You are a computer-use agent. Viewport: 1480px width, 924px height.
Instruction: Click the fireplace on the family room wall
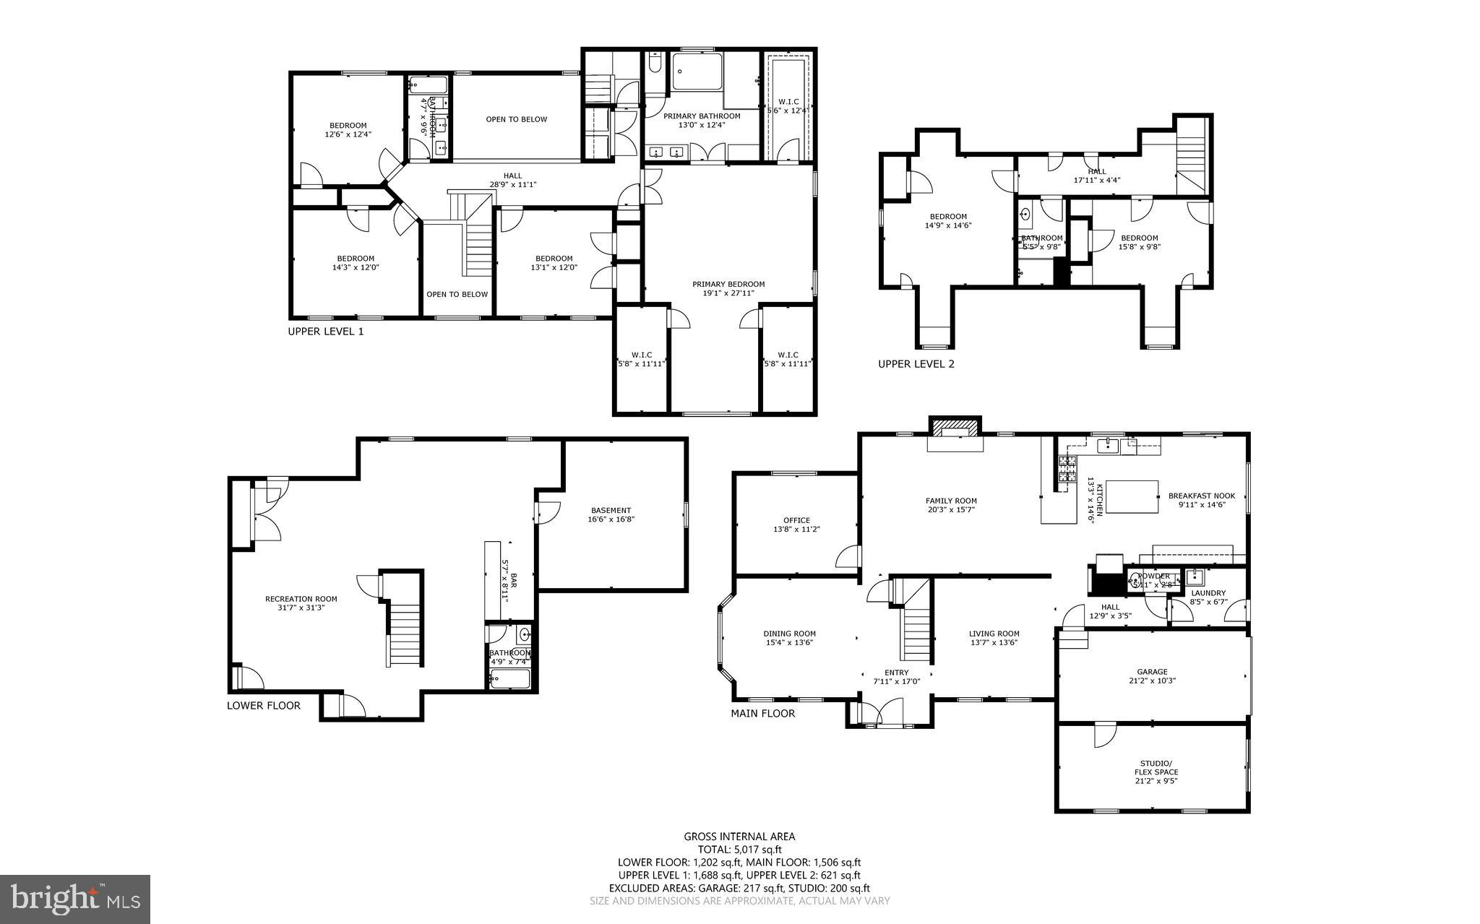pos(955,429)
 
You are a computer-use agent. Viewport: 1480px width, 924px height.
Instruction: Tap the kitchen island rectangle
pos(1132,496)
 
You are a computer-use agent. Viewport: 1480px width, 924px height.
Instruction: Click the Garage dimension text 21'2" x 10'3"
pos(1152,681)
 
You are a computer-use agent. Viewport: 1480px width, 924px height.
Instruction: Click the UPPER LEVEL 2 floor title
pos(916,364)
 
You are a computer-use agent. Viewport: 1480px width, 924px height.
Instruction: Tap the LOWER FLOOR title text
pos(263,706)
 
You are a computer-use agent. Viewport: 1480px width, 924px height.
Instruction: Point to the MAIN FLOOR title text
pos(762,714)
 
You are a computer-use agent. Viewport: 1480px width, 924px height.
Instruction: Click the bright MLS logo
pos(74,899)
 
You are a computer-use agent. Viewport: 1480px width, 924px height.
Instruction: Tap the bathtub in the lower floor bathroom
pos(510,679)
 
